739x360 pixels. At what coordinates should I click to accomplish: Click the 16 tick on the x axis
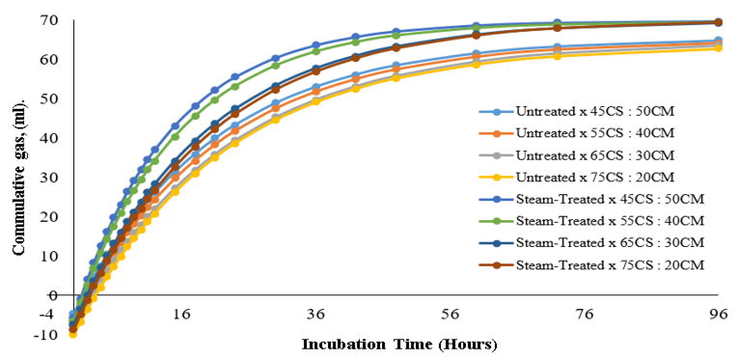(x=181, y=314)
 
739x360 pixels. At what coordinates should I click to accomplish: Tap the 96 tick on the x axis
(x=719, y=314)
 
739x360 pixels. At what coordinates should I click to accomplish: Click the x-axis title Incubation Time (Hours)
(x=399, y=345)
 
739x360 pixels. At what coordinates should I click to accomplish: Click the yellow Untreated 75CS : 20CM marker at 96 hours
(x=718, y=48)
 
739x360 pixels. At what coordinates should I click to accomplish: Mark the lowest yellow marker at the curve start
(x=72, y=334)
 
